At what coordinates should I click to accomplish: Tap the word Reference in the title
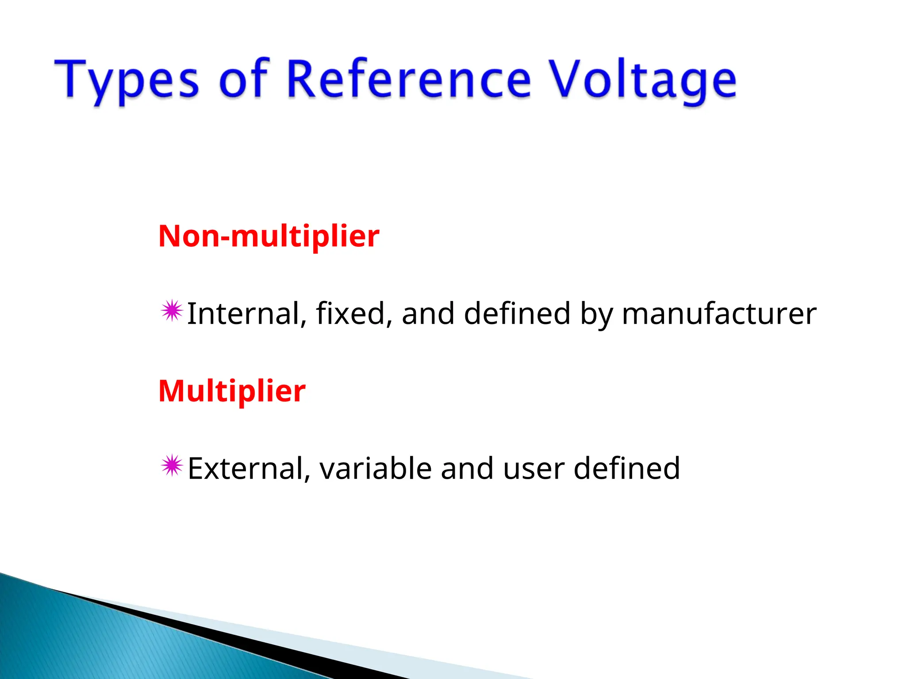tap(409, 78)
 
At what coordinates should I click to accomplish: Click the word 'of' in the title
tap(244, 78)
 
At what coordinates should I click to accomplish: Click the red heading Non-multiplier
tap(269, 236)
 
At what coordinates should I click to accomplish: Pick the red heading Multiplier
tap(232, 391)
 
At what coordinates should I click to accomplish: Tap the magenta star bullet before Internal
tap(172, 312)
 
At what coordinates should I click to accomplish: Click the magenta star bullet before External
tap(172, 466)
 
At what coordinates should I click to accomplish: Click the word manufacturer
tap(719, 313)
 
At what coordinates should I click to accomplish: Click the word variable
tap(376, 468)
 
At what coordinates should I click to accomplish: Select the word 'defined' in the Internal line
tap(517, 313)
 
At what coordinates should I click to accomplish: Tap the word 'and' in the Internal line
tap(428, 313)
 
